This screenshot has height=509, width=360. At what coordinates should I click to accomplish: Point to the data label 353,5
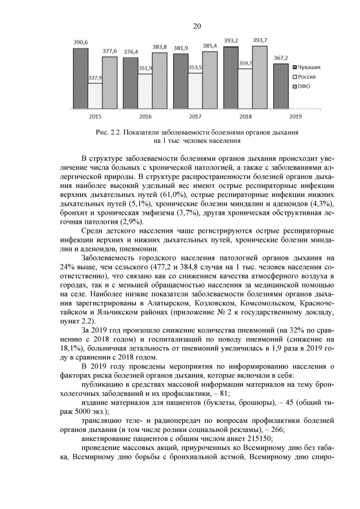tap(195, 67)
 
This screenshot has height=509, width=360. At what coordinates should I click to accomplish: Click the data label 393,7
tap(260, 40)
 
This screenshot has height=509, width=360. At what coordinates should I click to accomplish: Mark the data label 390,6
tap(80, 42)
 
